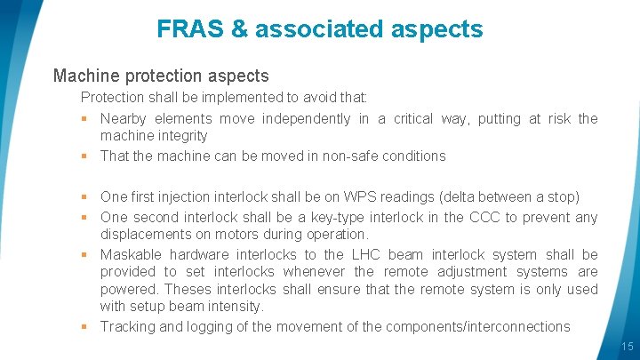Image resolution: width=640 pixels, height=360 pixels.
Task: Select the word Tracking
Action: pyautogui.click(x=127, y=327)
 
